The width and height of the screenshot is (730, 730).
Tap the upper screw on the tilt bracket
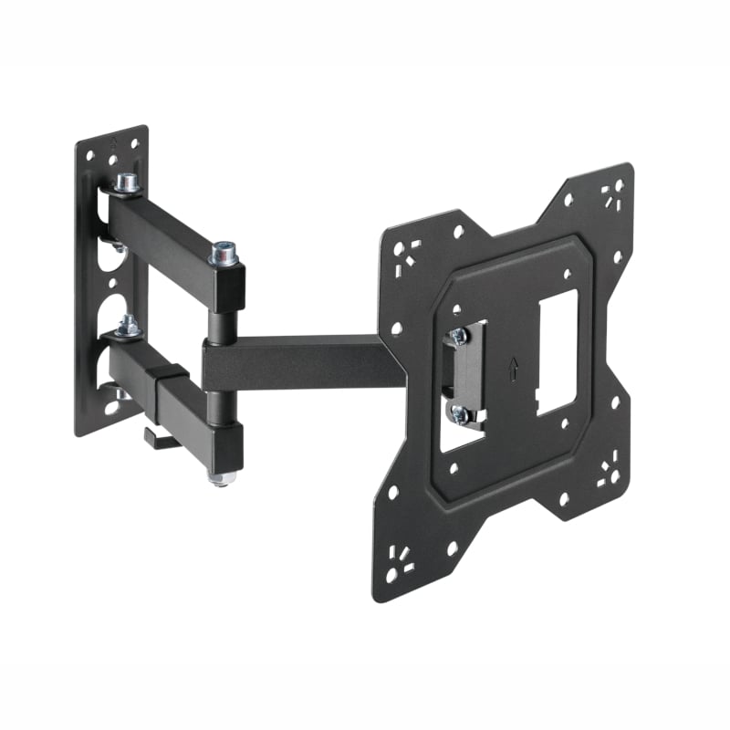click(459, 336)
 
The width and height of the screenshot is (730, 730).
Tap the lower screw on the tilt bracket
click(461, 415)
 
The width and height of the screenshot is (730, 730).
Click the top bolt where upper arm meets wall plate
click(126, 183)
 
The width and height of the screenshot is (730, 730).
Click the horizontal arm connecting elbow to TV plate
click(301, 363)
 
